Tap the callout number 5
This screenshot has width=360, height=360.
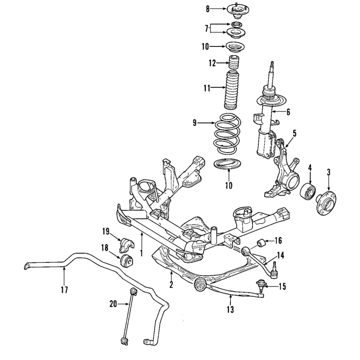click(x=294, y=133)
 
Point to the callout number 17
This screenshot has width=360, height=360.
click(x=65, y=290)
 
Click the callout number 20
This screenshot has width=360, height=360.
click(x=113, y=304)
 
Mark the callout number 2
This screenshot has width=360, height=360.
click(x=171, y=285)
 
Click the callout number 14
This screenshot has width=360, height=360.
click(x=280, y=255)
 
